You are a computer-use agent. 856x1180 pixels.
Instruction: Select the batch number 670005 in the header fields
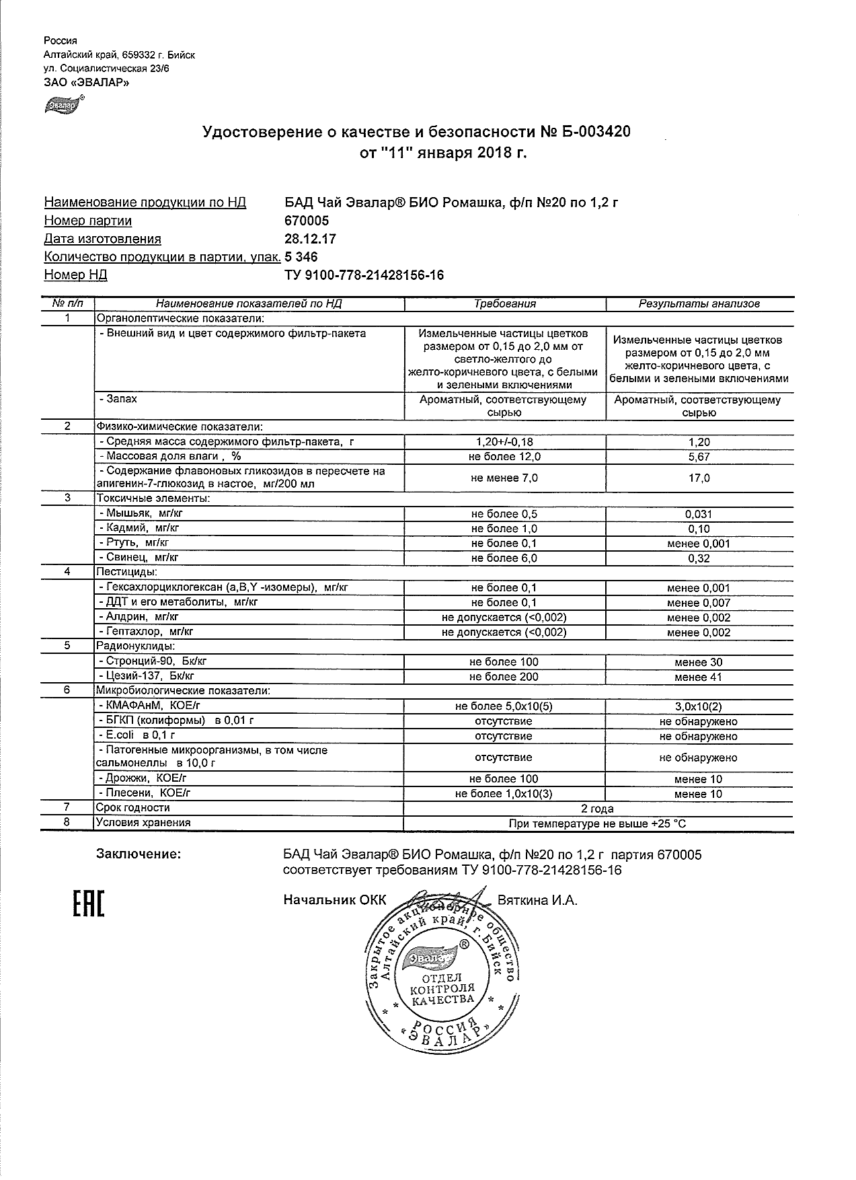307,221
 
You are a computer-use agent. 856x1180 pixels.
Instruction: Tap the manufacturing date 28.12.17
311,239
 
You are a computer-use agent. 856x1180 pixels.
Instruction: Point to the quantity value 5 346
301,257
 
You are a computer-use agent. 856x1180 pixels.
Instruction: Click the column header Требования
504,304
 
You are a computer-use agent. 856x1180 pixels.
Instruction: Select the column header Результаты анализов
699,304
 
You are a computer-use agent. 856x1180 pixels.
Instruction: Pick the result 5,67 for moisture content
699,457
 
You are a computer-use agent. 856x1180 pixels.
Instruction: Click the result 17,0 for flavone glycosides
699,478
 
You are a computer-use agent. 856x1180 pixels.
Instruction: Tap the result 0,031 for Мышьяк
699,515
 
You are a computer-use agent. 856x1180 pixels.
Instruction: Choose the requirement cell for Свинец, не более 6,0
504,558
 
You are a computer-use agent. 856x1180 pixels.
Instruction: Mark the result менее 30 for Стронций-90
699,662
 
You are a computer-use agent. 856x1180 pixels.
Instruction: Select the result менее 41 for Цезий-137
699,677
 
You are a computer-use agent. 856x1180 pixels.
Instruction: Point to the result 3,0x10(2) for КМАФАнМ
699,707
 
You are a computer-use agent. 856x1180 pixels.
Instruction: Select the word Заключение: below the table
139,854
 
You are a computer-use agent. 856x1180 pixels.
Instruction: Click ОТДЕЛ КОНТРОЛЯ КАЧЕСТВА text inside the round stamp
442,988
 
